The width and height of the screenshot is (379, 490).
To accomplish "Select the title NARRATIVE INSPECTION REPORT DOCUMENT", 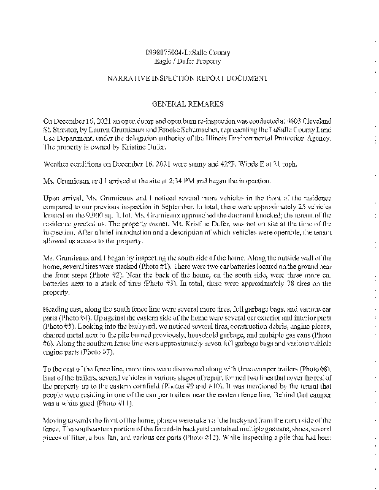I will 188,79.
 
